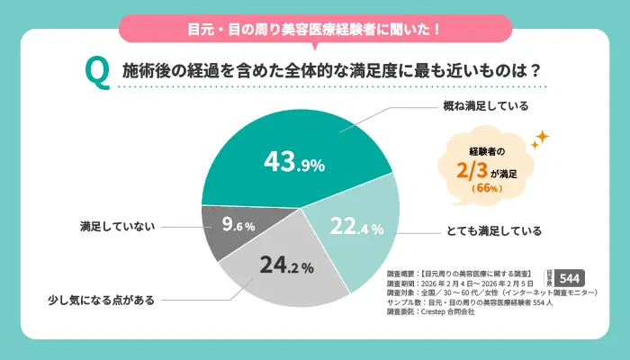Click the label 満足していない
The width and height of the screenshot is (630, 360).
click(114, 227)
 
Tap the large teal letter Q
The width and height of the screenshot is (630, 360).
click(95, 72)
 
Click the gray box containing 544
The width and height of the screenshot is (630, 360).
click(572, 277)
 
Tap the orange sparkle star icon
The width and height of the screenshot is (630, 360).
click(539, 139)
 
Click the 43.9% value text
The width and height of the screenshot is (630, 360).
click(293, 162)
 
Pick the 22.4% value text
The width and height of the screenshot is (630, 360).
click(355, 228)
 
